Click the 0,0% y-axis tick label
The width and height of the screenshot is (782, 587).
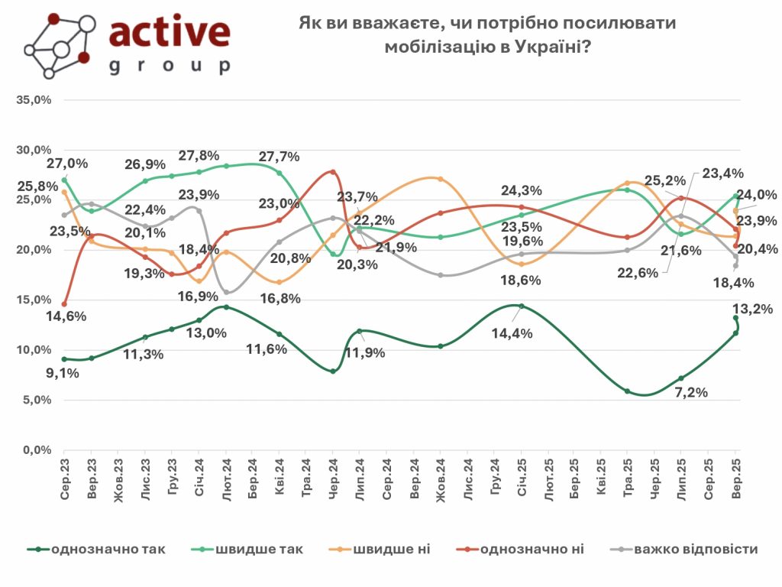37,450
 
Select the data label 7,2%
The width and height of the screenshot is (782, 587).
690,392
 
